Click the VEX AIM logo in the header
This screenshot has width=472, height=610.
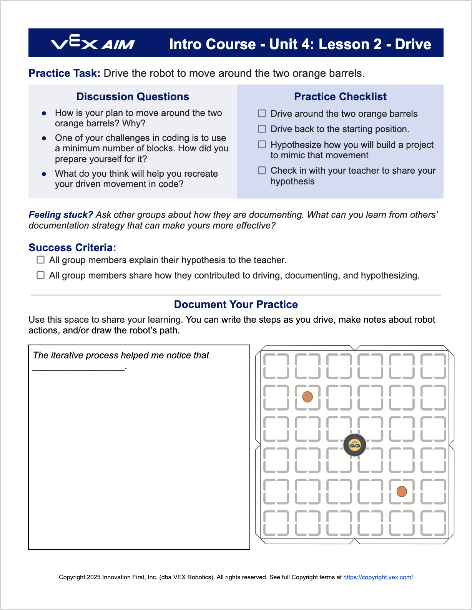coord(93,43)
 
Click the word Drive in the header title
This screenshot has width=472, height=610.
coord(413,44)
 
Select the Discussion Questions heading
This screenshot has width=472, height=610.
coord(133,96)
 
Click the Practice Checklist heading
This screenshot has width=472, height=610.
coord(340,96)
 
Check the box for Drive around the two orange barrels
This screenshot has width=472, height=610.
coord(262,113)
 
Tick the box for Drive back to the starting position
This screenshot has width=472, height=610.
coord(262,129)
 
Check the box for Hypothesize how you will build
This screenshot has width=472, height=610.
coord(262,144)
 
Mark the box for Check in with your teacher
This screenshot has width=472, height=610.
coord(262,170)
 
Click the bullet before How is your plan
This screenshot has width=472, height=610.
coord(44,113)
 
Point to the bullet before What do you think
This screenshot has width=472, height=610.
coord(44,174)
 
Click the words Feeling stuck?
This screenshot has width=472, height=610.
coord(61,215)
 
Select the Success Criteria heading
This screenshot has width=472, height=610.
coord(72,247)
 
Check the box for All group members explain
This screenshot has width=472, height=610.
coord(41,260)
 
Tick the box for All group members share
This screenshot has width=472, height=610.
coord(41,275)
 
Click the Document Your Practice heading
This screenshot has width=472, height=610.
coord(236,304)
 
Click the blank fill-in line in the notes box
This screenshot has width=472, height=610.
coord(78,368)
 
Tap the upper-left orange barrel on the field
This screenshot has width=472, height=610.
coord(307,397)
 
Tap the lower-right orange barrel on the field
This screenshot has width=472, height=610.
coord(402,491)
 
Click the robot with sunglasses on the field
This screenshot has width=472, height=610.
coord(354,445)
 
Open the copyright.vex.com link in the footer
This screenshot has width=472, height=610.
coord(378,577)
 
